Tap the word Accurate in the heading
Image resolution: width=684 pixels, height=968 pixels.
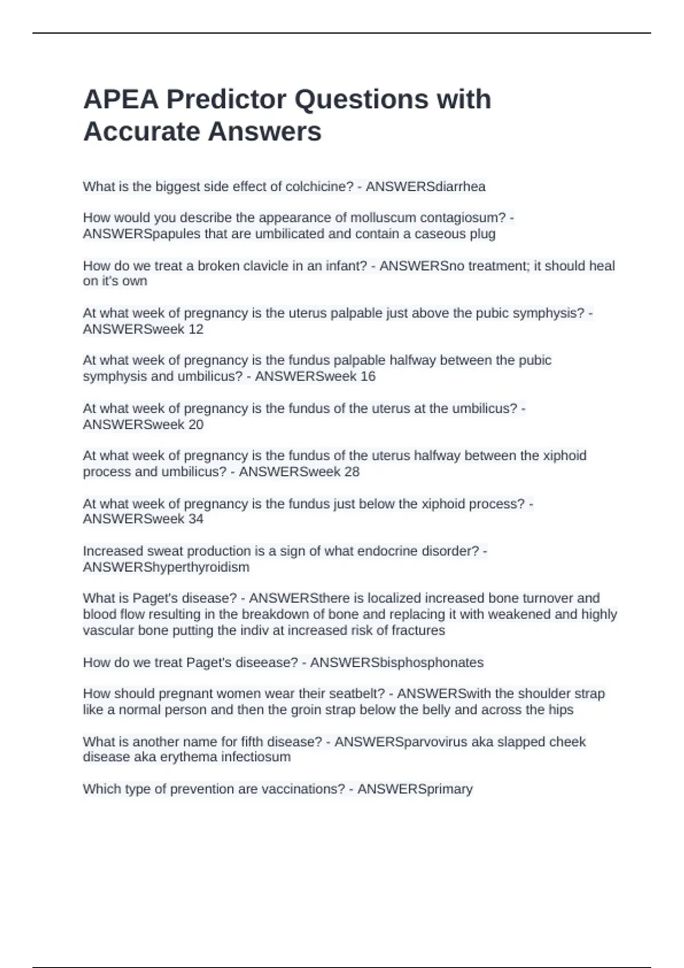pyautogui.click(x=145, y=132)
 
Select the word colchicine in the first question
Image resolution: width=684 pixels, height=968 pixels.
pyautogui.click(x=319, y=187)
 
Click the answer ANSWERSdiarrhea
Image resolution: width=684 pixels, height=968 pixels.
pyautogui.click(x=425, y=187)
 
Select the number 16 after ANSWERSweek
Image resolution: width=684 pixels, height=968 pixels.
pyautogui.click(x=368, y=376)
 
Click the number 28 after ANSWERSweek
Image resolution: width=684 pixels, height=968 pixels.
pyautogui.click(x=352, y=472)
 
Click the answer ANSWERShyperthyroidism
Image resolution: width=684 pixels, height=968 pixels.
pyautogui.click(x=166, y=567)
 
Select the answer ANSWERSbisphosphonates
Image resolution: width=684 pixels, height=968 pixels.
pyautogui.click(x=397, y=663)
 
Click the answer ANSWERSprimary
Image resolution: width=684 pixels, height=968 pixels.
pyautogui.click(x=415, y=789)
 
